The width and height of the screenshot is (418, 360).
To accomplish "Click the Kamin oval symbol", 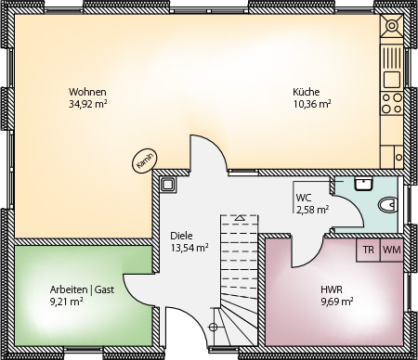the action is point(145,161).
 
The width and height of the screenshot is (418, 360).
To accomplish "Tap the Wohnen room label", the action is point(87,92).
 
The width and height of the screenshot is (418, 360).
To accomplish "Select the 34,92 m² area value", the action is point(87,104).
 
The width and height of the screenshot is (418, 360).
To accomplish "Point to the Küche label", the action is point(306,92).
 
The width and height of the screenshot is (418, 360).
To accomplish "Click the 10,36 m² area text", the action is point(312,104).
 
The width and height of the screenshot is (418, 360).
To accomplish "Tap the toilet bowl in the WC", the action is point(387,205).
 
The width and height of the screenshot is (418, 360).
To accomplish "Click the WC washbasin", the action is point(364,184).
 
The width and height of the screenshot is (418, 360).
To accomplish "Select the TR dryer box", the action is point(368,250).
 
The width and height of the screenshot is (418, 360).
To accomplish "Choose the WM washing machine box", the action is point(392,250).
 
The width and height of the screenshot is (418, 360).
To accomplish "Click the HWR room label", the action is point(332,289).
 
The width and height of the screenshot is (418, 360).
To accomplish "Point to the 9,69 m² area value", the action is point(337,302).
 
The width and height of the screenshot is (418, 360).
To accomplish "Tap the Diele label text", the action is point(181,236).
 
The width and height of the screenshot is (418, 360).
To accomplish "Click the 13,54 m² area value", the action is point(189,248).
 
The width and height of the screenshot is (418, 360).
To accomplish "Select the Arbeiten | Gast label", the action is point(82,289).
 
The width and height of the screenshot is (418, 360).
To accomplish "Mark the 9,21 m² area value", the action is point(66,302).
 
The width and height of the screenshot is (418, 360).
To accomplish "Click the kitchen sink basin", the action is point(392,79).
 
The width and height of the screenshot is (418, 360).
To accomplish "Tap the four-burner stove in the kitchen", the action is point(392,103).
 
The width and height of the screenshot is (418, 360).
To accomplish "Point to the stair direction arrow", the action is point(240,218).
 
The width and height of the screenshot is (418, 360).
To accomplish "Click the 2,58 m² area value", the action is point(312,210).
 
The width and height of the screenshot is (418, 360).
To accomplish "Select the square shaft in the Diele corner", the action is point(167,185).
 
